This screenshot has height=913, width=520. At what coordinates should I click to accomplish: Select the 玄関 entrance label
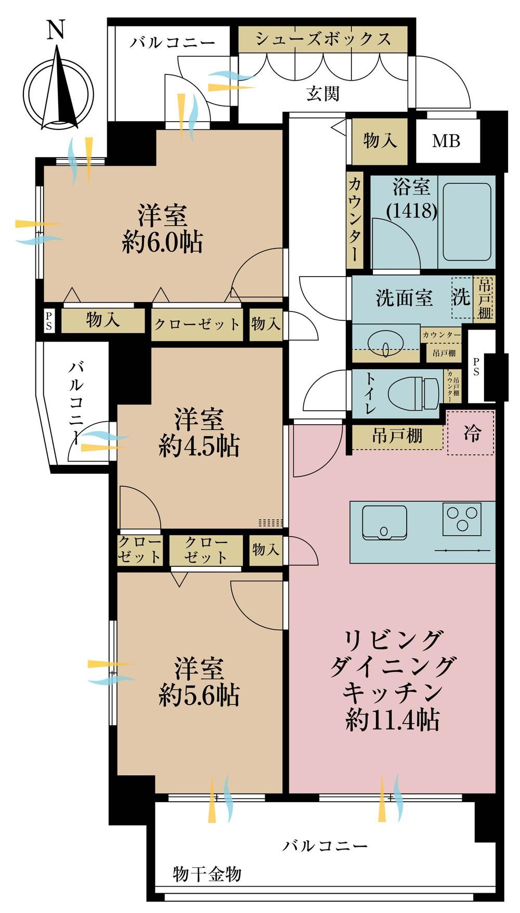[323, 94]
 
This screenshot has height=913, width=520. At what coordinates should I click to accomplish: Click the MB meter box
[447, 141]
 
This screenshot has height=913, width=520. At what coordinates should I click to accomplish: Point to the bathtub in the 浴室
[466, 221]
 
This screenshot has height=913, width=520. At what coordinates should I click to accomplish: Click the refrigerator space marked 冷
[471, 433]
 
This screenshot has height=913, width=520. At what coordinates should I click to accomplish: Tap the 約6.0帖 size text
[162, 242]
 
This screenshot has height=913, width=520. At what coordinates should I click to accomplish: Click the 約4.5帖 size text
[199, 446]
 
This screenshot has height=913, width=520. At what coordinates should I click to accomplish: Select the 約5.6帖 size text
[199, 695]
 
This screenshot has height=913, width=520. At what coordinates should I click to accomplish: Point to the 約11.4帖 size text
[393, 720]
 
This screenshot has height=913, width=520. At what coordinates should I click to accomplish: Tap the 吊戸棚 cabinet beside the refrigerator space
[397, 436]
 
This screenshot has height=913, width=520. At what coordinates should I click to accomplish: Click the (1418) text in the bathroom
[411, 210]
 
